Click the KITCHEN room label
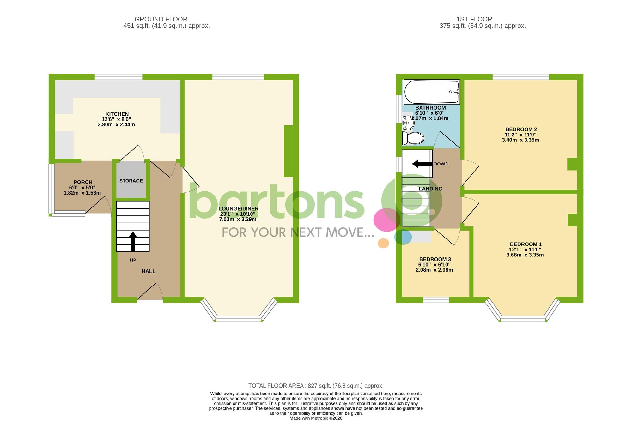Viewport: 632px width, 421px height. (x=117, y=114)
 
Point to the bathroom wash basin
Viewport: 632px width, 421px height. (x=408, y=123)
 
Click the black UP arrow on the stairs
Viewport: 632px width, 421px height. (x=133, y=241)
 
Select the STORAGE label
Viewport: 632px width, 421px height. (x=131, y=181)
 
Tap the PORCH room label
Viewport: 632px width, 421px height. (x=83, y=182)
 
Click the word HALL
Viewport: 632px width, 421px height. (x=148, y=271)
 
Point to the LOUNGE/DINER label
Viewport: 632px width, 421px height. (x=238, y=209)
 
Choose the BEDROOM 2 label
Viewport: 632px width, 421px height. (x=521, y=129)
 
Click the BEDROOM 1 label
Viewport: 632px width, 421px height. (x=526, y=244)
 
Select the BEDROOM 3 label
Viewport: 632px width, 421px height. (x=435, y=259)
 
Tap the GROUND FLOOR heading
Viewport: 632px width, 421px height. (x=161, y=19)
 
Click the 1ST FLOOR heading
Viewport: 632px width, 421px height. (x=474, y=19)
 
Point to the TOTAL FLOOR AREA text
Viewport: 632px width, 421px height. (x=316, y=386)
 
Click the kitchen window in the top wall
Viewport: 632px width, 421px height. (x=118, y=77)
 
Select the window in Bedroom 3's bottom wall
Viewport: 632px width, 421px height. (x=436, y=300)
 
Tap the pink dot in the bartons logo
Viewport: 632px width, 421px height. (x=386, y=220)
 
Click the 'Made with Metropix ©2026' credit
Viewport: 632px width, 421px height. (x=316, y=418)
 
